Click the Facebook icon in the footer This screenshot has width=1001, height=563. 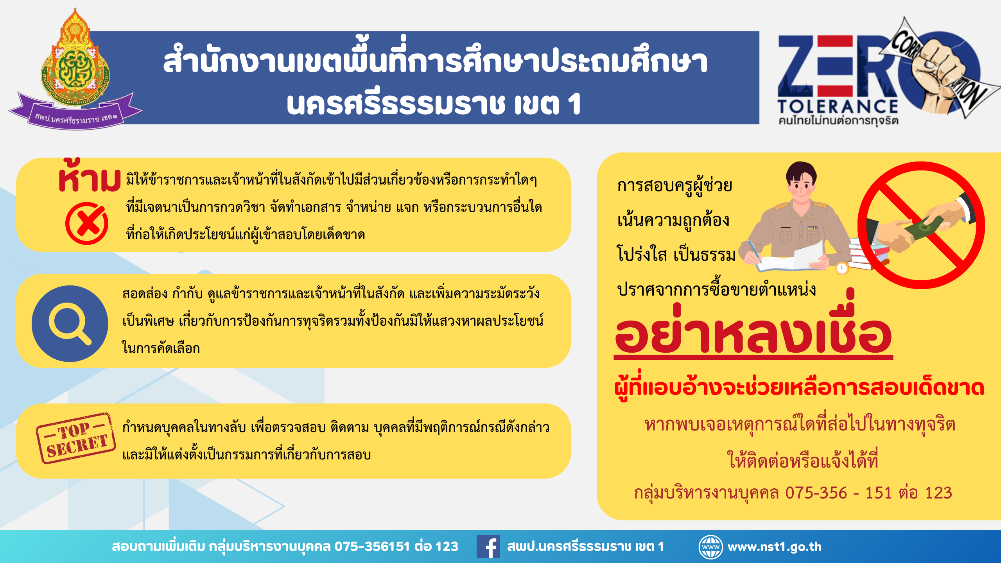[488, 546]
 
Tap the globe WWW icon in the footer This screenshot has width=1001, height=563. [710, 547]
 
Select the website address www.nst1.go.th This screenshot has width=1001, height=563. [774, 547]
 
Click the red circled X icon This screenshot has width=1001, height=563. [87, 223]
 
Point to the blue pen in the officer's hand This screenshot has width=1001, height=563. [755, 251]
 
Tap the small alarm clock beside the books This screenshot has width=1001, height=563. [841, 268]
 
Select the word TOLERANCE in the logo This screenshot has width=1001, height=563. [838, 106]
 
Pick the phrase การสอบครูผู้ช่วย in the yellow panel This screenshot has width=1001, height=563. [675, 186]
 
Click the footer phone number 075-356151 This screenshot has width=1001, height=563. [372, 546]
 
